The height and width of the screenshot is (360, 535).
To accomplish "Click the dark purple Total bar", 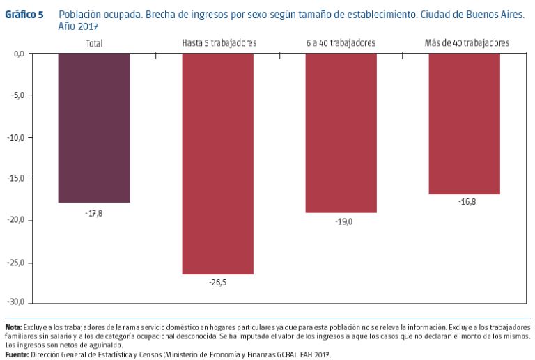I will point(94,127).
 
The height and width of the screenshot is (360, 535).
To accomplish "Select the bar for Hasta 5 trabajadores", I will point(217,164).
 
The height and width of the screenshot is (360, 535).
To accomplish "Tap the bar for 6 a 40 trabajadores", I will point(341,132).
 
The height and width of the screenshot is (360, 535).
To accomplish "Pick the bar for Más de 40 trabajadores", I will point(464,123).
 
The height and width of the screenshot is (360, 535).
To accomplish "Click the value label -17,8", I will point(94,212).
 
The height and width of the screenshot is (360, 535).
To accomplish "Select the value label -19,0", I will point(341,221).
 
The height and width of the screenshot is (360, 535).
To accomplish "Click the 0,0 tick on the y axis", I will point(19,54).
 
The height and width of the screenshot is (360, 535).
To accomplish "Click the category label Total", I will point(94,43).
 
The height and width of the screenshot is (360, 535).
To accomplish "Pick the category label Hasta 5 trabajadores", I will point(219,43).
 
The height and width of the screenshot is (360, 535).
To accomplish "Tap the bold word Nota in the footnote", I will point(13,327).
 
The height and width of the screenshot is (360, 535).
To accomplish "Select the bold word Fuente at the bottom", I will point(17,354).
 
